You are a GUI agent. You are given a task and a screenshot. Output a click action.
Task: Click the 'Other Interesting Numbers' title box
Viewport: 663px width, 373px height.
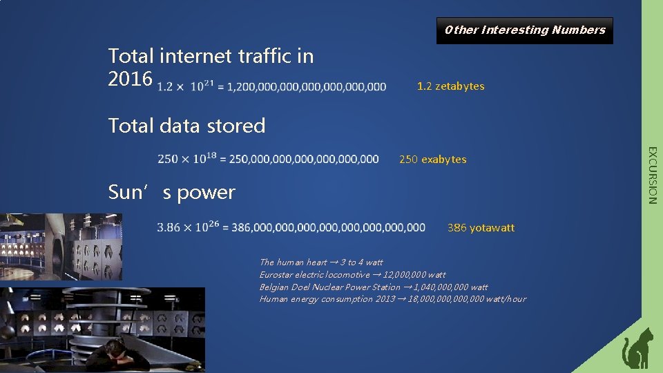click(525, 30)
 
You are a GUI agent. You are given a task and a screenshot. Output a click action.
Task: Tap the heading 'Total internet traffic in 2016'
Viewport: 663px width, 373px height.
click(211, 66)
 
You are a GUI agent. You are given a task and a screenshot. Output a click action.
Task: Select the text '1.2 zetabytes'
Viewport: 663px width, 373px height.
click(450, 86)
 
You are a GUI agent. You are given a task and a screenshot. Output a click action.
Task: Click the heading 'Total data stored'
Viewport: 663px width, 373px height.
click(186, 126)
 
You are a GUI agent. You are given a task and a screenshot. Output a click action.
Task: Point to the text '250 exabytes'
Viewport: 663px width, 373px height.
click(432, 160)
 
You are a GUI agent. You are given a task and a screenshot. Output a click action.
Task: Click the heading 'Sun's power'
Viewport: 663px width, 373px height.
click(171, 192)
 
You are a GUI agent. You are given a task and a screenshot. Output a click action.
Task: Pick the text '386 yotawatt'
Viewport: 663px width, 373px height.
click(481, 228)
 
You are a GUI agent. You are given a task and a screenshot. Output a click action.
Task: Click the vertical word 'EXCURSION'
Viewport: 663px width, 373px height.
click(652, 175)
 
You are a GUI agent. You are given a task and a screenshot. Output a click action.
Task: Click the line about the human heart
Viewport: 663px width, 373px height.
click(320, 262)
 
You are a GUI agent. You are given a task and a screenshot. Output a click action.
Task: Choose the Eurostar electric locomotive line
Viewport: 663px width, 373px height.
click(352, 275)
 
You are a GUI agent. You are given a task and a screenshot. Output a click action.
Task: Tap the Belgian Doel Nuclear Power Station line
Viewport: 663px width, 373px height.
click(373, 287)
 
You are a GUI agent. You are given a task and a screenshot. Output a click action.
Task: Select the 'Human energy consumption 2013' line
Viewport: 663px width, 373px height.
click(392, 299)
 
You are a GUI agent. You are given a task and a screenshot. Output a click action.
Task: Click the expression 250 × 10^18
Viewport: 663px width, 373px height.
click(184, 159)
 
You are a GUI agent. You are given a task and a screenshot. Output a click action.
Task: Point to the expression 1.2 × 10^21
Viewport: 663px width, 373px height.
click(185, 86)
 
